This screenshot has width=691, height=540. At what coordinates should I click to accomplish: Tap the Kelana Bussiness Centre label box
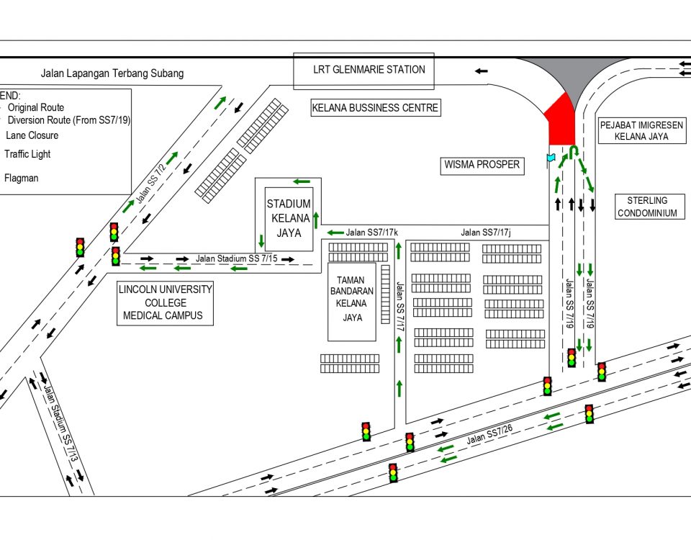[375, 108]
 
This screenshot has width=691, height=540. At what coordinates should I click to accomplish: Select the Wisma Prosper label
[481, 165]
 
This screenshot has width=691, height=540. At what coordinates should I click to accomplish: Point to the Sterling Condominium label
[647, 207]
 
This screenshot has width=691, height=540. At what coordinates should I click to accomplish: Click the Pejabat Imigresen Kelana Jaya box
[641, 130]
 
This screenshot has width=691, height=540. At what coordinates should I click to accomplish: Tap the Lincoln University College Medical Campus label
[165, 302]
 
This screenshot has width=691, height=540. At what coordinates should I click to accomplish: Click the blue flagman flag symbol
[551, 158]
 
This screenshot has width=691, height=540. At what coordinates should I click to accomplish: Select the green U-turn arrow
[574, 151]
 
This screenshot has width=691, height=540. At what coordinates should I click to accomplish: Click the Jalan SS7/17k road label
[372, 233]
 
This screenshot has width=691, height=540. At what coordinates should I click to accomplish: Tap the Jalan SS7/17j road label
[487, 233]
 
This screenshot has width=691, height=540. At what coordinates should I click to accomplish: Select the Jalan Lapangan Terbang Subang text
[112, 73]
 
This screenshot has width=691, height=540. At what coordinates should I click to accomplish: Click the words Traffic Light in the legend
[27, 154]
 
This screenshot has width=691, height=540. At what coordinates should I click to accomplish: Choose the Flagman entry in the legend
[22, 177]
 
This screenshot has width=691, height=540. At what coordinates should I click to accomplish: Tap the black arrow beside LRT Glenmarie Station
[481, 71]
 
